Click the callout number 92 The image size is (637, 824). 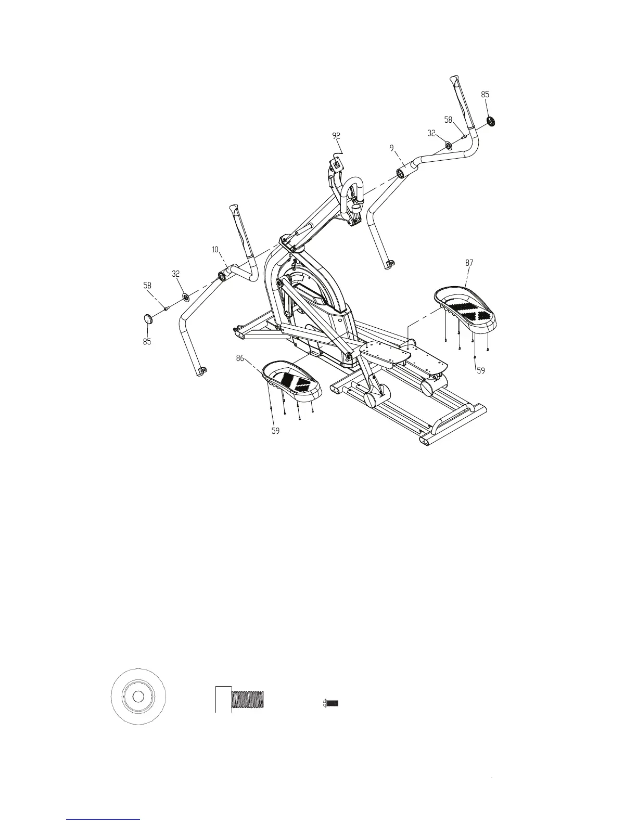point(336,136)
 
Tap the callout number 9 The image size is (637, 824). point(391,148)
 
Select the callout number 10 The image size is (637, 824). point(215,250)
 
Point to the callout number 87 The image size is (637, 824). point(469,263)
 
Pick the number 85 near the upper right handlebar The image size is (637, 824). point(485,95)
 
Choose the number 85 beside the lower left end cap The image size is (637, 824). point(147,342)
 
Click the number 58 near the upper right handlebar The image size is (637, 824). point(448,120)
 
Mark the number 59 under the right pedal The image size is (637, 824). point(481,371)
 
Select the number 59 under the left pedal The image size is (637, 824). point(276,431)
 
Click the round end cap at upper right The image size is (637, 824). point(490,122)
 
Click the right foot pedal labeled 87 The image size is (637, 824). point(465,309)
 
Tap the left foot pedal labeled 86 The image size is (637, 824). point(291,383)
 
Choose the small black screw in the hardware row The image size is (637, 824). point(330,703)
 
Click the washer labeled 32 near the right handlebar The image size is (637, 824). point(448,145)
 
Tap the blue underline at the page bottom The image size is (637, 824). point(104,819)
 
